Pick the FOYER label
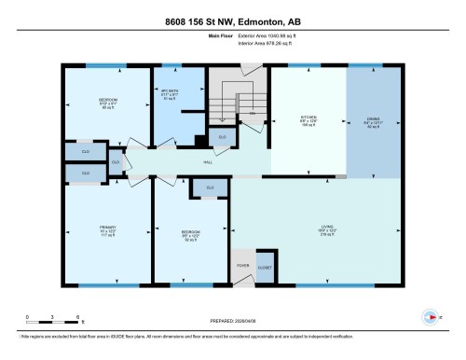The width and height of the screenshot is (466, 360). pos(244,264)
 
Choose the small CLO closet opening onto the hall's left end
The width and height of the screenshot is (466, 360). pos(116,161)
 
